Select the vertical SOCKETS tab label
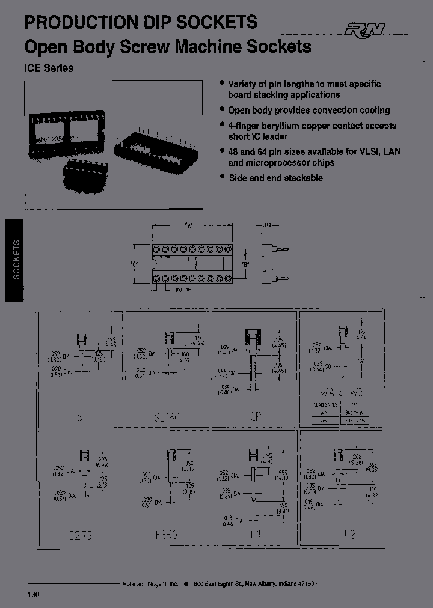point(16,259)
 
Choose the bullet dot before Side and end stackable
point(222,177)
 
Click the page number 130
point(33,594)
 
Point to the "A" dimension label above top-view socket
point(189,226)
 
